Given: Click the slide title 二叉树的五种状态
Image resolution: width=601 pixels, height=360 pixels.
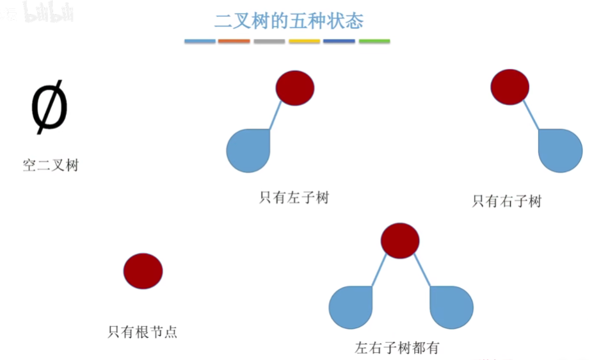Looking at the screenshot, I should (288, 20).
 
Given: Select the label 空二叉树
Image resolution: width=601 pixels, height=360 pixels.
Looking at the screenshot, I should (51, 165).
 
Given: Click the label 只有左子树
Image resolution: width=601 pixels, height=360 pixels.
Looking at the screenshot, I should (294, 197).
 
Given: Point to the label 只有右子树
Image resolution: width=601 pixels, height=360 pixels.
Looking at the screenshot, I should (506, 201).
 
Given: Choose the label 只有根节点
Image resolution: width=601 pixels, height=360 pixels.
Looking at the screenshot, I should (142, 332).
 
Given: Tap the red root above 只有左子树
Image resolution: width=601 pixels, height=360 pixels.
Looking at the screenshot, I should (295, 88).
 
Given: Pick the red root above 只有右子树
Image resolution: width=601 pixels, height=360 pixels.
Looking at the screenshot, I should (509, 86).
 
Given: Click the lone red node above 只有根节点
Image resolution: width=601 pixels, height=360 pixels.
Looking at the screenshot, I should (143, 271).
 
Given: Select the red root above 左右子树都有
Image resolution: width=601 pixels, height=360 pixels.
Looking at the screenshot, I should (400, 241).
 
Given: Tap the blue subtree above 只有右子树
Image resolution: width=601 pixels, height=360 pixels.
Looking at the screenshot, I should (560, 151).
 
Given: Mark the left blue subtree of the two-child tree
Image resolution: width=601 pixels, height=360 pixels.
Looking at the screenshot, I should (351, 307).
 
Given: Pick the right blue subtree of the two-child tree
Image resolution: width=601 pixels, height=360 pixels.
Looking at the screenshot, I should (451, 307).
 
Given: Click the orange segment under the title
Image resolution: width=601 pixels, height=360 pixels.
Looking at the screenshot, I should (234, 42).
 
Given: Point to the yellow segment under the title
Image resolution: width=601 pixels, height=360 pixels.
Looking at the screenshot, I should (304, 42).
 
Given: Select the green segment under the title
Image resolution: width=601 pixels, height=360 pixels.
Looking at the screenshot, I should (374, 42).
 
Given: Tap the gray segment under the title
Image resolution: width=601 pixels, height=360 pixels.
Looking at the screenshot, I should (269, 42).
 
